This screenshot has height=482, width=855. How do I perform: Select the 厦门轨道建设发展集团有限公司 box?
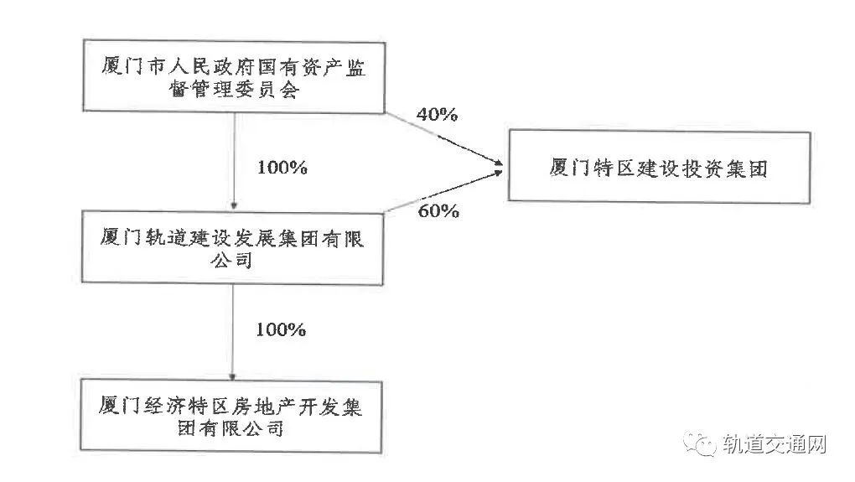tap(232, 249)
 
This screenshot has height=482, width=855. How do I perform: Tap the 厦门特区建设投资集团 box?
tap(659, 167)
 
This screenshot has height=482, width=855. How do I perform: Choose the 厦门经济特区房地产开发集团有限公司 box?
tap(232, 416)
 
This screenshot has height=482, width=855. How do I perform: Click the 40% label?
tap(437, 115)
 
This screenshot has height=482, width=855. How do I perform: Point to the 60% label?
tap(438, 211)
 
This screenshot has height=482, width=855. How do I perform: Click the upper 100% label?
tap(282, 167)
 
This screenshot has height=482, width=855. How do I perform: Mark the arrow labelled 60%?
tap(444, 192)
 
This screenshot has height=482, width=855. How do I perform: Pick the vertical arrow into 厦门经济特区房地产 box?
tap(232, 331)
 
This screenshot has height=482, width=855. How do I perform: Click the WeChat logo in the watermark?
tap(697, 442)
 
